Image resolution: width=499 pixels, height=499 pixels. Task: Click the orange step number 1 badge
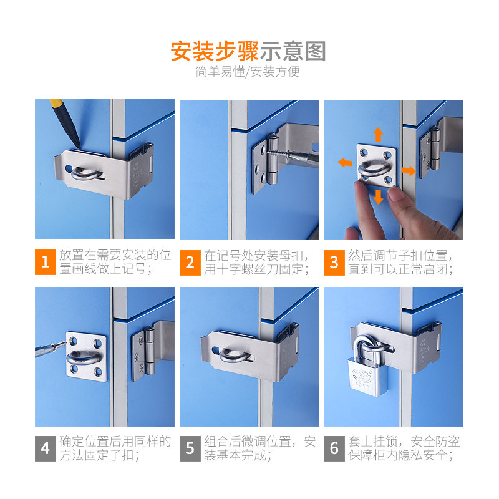(x=45, y=262)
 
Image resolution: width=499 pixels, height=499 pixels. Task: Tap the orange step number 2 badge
(x=190, y=263)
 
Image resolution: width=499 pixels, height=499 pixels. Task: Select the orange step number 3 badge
(x=334, y=263)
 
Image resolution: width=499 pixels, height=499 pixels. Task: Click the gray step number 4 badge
(x=45, y=448)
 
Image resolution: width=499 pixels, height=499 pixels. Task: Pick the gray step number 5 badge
(x=190, y=448)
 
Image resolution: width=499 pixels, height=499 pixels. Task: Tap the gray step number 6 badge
(x=334, y=448)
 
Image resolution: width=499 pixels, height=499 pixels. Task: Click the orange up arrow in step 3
(x=378, y=134)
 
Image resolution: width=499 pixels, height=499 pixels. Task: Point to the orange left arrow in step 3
(x=345, y=162)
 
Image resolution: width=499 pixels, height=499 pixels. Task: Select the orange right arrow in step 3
(x=409, y=170)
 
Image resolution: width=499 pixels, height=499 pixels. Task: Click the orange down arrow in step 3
(x=379, y=196)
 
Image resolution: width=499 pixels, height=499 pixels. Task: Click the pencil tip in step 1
(x=79, y=146)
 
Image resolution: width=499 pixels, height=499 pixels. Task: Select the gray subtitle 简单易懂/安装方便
(x=248, y=72)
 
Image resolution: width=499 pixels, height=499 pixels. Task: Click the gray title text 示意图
(x=293, y=52)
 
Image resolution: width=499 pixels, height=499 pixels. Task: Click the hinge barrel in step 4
(x=150, y=351)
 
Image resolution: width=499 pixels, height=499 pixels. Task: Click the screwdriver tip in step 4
(x=65, y=344)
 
